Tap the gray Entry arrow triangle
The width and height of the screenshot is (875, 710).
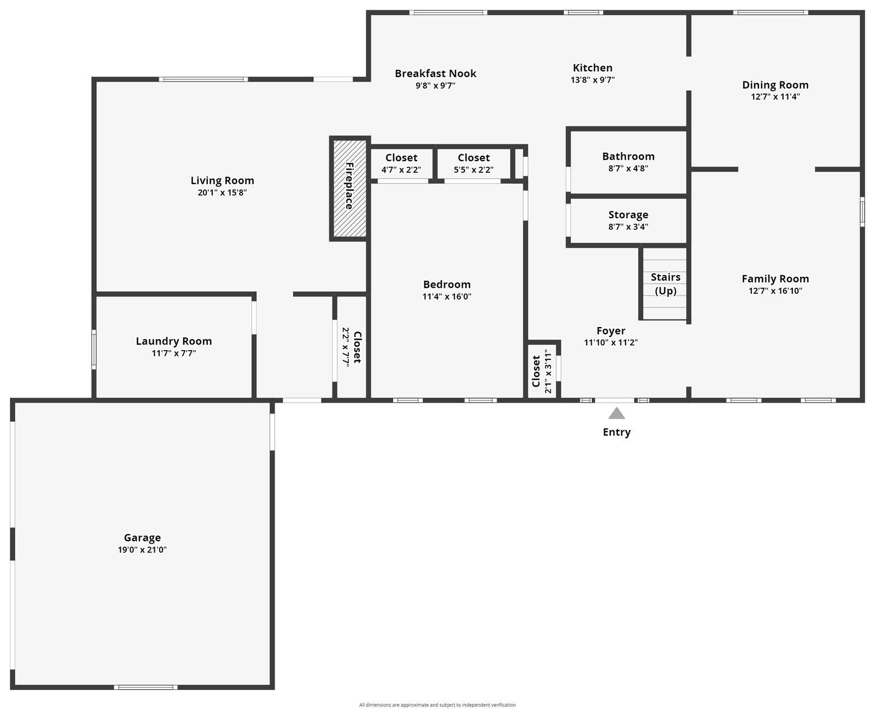pyautogui.click(x=616, y=414)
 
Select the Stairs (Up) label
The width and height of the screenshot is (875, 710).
pyautogui.click(x=666, y=284)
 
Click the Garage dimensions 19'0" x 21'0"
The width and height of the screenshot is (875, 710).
pyautogui.click(x=142, y=550)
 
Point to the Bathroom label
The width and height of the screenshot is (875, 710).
pyautogui.click(x=628, y=156)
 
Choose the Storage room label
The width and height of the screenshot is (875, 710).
pyautogui.click(x=628, y=215)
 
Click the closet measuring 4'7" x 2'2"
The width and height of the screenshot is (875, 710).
pyautogui.click(x=401, y=164)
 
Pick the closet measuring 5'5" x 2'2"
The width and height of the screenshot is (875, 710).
pyautogui.click(x=474, y=164)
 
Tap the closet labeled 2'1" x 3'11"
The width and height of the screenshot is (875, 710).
pyautogui.click(x=542, y=370)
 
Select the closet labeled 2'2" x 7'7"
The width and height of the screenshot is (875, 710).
pyautogui.click(x=351, y=347)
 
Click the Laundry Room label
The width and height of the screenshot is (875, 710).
pyautogui.click(x=174, y=341)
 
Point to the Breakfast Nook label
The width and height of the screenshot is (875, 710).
pyautogui.click(x=435, y=73)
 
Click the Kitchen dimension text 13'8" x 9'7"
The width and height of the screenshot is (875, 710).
pyautogui.click(x=592, y=80)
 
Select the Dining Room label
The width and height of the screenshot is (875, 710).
pyautogui.click(x=775, y=85)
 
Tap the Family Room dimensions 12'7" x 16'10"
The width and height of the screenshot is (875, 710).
pyautogui.click(x=775, y=291)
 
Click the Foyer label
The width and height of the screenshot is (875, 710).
pyautogui.click(x=611, y=331)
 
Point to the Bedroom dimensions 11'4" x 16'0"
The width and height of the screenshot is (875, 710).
pyautogui.click(x=447, y=297)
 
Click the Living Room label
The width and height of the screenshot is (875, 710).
pyautogui.click(x=222, y=181)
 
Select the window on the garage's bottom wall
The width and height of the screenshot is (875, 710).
pyautogui.click(x=145, y=687)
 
